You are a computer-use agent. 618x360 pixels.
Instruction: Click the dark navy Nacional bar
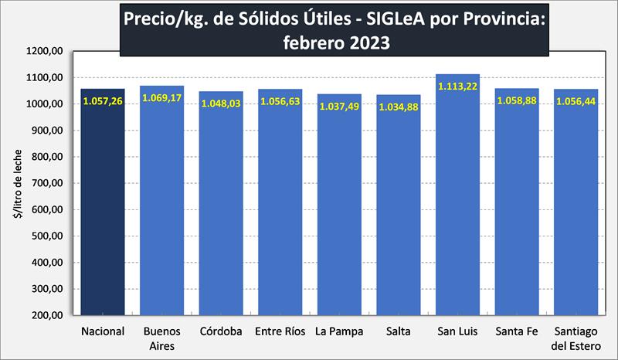103,209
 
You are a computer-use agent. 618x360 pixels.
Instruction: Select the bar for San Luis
457,209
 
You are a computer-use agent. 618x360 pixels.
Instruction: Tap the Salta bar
399,209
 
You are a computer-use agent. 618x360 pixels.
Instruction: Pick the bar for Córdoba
221,209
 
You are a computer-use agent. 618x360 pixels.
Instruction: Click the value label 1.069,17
161,99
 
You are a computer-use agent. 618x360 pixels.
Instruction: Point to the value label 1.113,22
457,87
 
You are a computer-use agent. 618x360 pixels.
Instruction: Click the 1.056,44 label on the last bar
576,102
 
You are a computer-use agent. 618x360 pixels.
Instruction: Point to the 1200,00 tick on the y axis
45,52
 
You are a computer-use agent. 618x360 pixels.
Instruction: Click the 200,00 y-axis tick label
47,316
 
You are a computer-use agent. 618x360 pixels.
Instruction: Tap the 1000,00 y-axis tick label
45,104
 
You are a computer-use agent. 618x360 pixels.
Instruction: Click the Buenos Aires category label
161,338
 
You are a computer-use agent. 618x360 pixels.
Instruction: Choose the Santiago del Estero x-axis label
576,338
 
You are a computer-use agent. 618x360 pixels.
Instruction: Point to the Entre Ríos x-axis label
280,332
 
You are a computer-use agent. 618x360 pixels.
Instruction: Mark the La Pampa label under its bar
339,332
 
